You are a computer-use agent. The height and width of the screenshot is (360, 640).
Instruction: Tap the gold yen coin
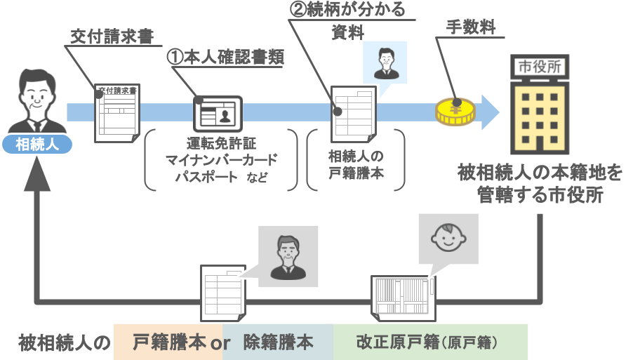(455, 112)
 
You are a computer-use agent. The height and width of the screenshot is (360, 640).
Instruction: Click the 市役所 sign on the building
(540, 67)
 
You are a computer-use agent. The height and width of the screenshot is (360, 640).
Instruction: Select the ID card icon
(218, 113)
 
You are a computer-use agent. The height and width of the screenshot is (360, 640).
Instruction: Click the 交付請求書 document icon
(117, 113)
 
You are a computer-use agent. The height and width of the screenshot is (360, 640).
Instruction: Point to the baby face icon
(448, 238)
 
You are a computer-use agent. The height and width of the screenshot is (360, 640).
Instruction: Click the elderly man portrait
(288, 254)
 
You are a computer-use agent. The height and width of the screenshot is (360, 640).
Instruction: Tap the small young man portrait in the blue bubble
(384, 62)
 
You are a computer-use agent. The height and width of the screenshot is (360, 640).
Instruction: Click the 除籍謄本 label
(278, 342)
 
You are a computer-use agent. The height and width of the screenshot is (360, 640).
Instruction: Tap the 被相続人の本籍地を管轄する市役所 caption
(540, 183)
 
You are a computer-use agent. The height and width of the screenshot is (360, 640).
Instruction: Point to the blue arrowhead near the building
(490, 113)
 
